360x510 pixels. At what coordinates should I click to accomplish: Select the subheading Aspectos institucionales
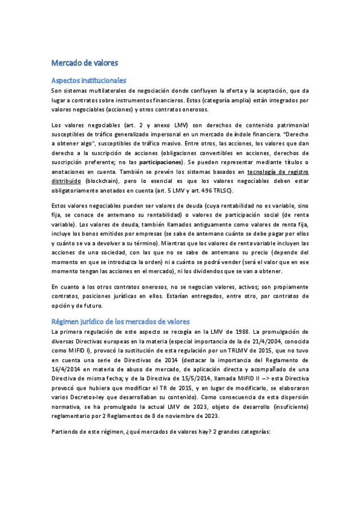pos(88,80)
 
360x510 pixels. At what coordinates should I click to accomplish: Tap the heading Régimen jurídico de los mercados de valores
pos(121,321)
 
